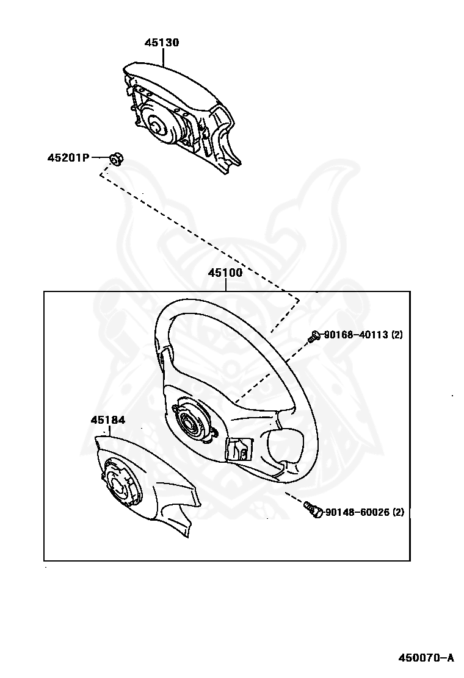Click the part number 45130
coord(162,43)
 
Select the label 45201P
coord(68,158)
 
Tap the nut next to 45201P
coord(115,159)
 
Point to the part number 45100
coord(225,273)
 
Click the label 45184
coord(108,420)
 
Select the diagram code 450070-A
coord(427,657)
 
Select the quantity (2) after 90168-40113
coord(397,335)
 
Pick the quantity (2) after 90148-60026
coord(398,512)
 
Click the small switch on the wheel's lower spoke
coord(238,450)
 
